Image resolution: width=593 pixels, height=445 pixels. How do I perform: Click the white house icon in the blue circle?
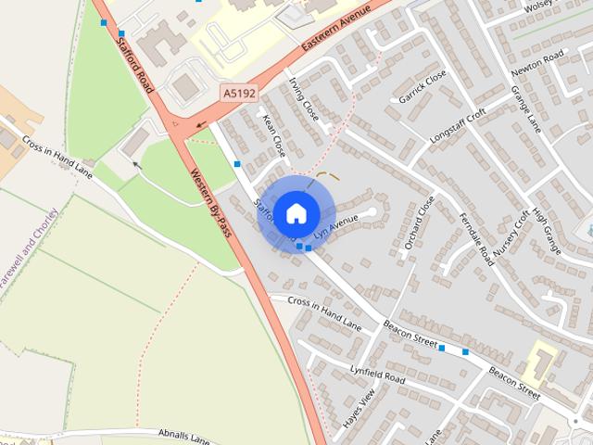point(296,213)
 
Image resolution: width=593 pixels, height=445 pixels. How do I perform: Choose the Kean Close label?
point(274,133)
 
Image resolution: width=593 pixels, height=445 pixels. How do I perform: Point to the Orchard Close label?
point(419,223)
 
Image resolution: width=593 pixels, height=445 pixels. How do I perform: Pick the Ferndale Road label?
point(473,241)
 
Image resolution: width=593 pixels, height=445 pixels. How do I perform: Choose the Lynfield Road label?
point(377,375)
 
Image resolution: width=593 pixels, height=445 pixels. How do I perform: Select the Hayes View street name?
point(360,404)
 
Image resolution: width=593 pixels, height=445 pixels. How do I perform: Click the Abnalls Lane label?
point(184,435)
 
